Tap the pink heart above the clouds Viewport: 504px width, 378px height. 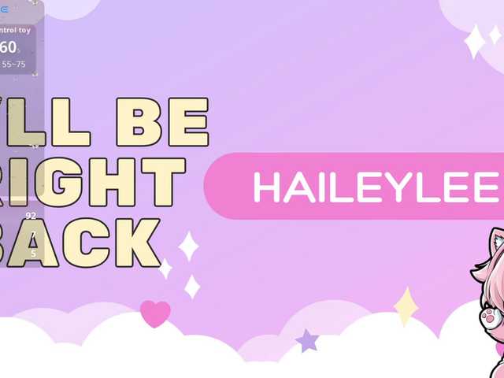coord(155,313)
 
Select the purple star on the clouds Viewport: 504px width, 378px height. coord(306,341)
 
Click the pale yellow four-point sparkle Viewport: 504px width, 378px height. coord(406,306)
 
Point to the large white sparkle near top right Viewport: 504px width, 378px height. coord(475,41)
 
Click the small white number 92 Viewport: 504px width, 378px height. coord(31,215)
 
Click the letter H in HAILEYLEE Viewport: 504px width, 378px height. coord(266,187)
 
